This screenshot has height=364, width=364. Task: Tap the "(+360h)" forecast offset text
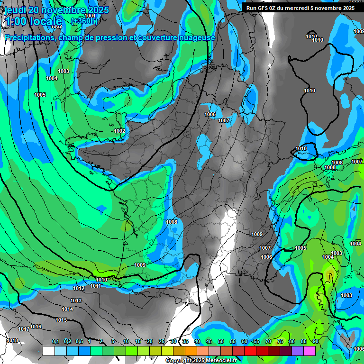pos(84,21)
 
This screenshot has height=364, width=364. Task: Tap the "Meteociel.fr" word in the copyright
pos(221,361)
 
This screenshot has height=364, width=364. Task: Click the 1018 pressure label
pos(12,340)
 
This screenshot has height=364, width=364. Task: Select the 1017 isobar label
pos(24,329)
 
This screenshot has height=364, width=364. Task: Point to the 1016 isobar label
pos(36,327)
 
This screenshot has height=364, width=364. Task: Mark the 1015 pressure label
pos(61,320)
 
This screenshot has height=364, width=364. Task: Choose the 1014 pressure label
pos(67,309)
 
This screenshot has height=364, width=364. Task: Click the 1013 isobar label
pos(76,300)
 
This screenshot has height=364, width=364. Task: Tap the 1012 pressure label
pos(79,288)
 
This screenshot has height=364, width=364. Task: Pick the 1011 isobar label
pos(95,286)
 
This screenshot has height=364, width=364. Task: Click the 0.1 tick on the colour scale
pos(55,341)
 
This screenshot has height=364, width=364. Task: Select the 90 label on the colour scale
pos(315,341)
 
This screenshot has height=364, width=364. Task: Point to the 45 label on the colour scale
pos(209,341)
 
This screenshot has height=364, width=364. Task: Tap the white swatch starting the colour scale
pos(48,351)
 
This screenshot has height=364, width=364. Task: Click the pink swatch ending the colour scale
pos(309,351)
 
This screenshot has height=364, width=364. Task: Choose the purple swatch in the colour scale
pos(298,351)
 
